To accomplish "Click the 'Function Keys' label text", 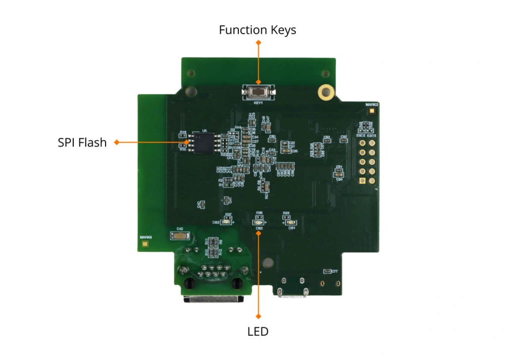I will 257,30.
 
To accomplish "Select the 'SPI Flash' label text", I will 82,142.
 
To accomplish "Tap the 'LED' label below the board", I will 258,332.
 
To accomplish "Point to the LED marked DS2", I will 258,222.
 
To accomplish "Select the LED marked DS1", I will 291,222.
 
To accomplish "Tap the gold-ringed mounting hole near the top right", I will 326,92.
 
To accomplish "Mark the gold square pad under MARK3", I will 372,110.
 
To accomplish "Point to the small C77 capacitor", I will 328,272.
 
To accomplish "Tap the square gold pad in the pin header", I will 363,143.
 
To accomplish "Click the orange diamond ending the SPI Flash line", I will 117,142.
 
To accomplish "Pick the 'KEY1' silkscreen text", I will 258,102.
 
